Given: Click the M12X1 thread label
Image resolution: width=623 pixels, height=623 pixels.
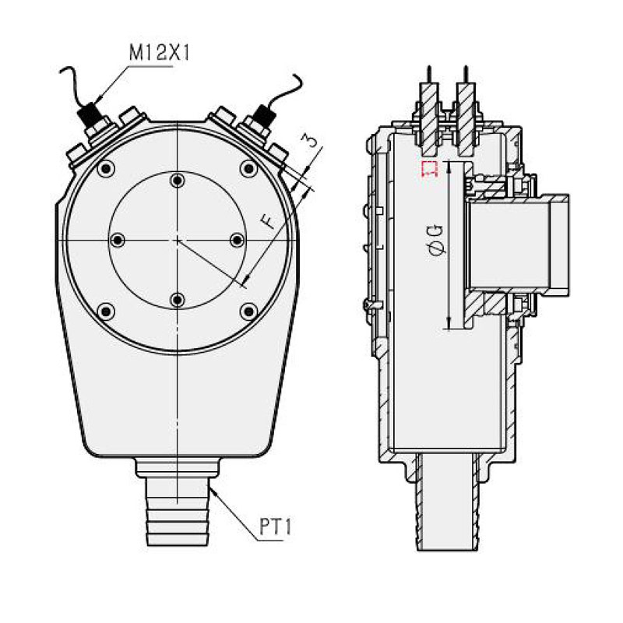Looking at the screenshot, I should coord(160,54).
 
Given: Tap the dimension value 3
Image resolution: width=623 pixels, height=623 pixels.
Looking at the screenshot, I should coord(310,141).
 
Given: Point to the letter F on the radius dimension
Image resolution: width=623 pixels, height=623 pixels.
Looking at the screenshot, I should coord(267,221).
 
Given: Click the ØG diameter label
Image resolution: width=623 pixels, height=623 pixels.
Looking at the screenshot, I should coord(437,239).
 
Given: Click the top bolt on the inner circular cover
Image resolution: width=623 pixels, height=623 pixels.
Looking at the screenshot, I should coord(178,181).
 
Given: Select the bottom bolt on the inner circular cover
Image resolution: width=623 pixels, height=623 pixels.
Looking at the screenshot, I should coord(178,300).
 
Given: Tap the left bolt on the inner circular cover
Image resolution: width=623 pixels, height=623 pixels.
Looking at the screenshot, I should coord(118,241).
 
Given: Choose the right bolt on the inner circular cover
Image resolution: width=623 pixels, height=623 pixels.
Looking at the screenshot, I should coord(237,241).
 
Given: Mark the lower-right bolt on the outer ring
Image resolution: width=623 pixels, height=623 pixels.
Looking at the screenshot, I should coord(248,311).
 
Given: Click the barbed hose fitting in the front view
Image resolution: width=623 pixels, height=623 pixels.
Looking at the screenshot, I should coord(178,514).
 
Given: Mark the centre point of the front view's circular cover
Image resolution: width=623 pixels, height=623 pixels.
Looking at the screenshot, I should coord(178,241).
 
